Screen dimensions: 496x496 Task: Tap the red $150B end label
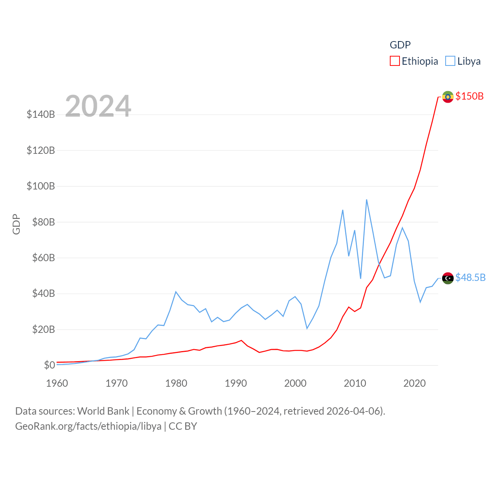pos(469,96)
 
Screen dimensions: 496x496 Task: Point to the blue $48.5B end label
pos(470,277)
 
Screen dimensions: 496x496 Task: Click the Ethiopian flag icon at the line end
pos(448,97)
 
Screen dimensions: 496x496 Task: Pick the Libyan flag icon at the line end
pos(448,278)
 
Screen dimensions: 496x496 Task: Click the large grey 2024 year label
pos(98,106)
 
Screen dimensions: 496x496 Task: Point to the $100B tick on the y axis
pos(41,186)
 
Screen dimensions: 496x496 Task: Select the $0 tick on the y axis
pos(49,365)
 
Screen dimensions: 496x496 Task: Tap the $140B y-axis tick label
pos(41,114)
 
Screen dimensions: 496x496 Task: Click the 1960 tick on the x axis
pos(57,383)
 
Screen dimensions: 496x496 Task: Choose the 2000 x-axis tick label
pos(295,383)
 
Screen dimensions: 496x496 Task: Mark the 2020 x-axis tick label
pos(414,383)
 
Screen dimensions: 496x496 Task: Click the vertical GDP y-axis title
pos(16,224)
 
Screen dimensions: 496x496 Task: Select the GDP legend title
pos(400,45)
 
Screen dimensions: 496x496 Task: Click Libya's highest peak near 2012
pos(367,200)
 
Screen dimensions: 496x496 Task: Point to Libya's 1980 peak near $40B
pos(176,292)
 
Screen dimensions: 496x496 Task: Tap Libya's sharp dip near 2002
pos(307,328)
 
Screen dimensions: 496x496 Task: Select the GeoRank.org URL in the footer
pos(88,426)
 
